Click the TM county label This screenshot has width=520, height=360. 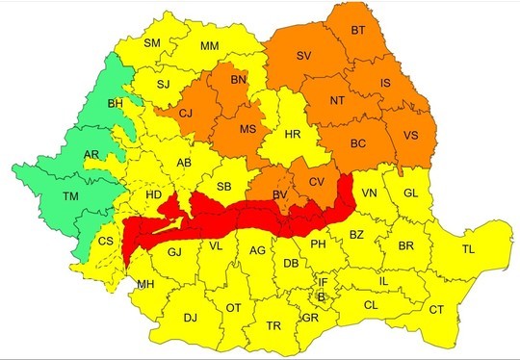(42, 195)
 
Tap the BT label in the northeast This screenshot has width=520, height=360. (358, 32)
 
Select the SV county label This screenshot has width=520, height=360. (304, 56)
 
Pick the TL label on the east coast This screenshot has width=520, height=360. (469, 249)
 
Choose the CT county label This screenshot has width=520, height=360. (436, 309)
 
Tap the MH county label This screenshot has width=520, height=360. (144, 284)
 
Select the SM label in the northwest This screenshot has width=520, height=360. (152, 43)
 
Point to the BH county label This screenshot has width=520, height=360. (116, 102)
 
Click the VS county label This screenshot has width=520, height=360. (411, 136)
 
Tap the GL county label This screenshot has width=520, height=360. (410, 193)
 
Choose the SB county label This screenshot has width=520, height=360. (223, 186)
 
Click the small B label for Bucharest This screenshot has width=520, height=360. (321, 297)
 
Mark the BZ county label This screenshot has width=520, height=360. (356, 235)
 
